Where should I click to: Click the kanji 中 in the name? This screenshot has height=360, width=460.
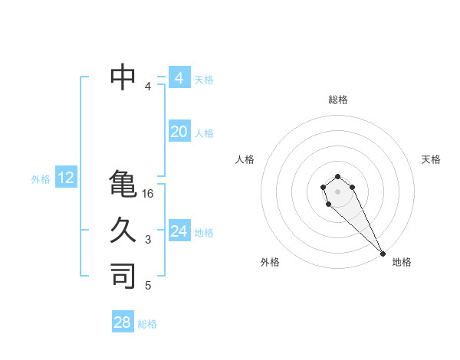(123, 77)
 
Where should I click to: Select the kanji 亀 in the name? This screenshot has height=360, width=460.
(123, 184)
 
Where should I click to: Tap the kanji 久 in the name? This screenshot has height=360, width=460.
(123, 230)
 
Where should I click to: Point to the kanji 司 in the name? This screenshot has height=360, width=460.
(123, 276)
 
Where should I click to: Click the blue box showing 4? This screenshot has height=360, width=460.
(179, 78)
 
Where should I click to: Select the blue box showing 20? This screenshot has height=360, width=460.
(179, 132)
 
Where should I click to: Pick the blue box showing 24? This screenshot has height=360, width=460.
(179, 231)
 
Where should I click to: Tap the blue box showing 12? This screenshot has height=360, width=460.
(66, 178)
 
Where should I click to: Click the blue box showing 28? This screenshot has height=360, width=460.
(123, 322)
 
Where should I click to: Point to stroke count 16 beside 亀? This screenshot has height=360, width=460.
(148, 194)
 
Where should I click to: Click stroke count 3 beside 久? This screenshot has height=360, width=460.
(148, 240)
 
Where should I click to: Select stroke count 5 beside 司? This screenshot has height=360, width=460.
(148, 286)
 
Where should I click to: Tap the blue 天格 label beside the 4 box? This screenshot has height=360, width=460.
(204, 79)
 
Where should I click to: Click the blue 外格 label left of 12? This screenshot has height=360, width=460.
(41, 179)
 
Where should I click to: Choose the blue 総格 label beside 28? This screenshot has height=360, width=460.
(147, 324)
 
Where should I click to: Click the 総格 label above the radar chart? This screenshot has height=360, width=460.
(338, 100)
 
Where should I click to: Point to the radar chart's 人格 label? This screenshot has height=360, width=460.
(245, 159)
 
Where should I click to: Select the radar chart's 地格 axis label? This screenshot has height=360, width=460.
(402, 262)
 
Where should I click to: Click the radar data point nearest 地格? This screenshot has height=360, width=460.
(383, 254)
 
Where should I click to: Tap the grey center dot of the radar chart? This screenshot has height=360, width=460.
(338, 191)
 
